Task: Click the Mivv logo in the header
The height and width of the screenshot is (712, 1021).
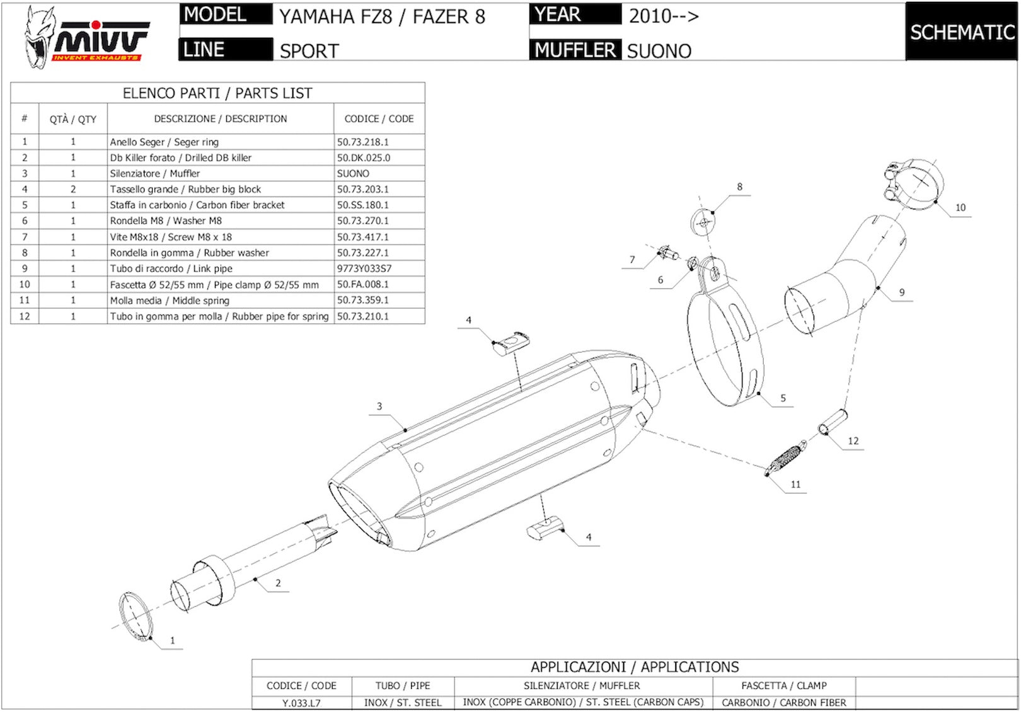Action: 86,37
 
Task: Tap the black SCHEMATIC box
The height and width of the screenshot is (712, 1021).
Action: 962,32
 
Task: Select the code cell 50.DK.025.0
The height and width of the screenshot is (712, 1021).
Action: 363,158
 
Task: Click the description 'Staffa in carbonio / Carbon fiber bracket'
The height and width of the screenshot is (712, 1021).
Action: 197,205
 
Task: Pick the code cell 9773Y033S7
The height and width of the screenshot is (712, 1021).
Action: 364,268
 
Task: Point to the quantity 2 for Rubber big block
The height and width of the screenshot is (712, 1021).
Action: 73,189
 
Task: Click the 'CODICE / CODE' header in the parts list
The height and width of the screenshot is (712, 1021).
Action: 379,119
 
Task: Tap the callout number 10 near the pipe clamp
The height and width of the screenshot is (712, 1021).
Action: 960,207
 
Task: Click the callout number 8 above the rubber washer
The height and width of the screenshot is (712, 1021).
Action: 739,187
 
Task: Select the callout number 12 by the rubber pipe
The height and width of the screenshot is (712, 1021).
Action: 853,441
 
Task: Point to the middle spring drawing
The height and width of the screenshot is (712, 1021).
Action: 786,457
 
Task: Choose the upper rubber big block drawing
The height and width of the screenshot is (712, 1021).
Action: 510,343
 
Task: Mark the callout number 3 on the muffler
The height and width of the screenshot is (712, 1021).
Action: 379,406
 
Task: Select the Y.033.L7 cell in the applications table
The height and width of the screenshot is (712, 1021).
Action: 301,703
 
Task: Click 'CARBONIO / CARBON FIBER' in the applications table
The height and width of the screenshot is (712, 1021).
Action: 783,703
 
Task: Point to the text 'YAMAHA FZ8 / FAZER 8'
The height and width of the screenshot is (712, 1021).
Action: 382,17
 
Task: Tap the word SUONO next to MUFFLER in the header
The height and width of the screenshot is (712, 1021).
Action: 659,51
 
